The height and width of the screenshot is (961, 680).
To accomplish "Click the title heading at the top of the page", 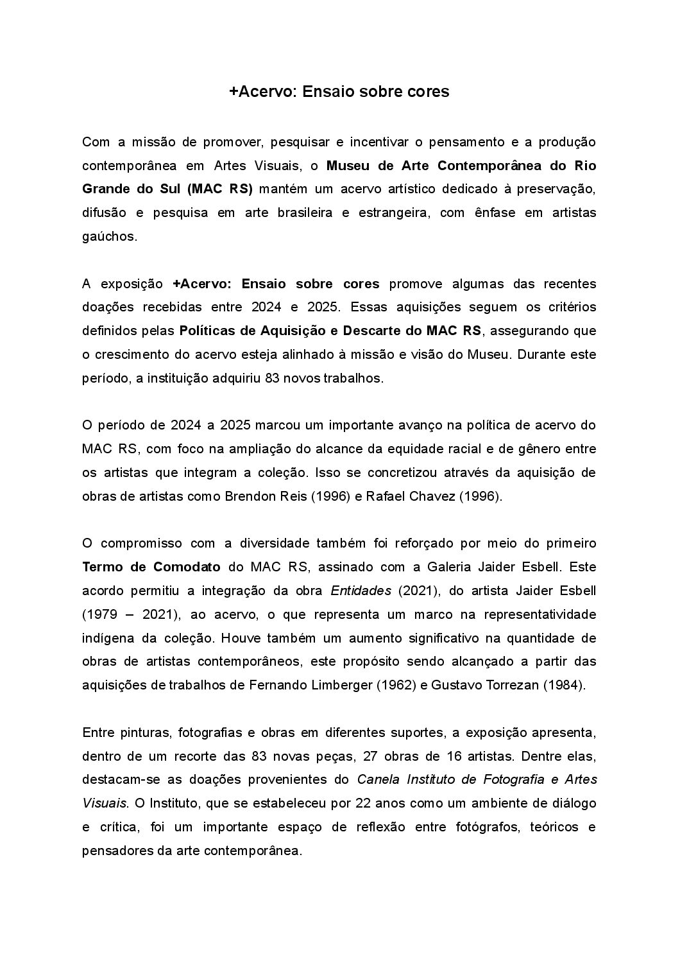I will pyautogui.click(x=339, y=92).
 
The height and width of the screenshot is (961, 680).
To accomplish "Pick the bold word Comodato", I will pyautogui.click(x=187, y=567).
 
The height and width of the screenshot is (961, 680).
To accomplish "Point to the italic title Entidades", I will pyautogui.click(x=361, y=591).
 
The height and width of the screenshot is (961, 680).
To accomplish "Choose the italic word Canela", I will pyautogui.click(x=377, y=779).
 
